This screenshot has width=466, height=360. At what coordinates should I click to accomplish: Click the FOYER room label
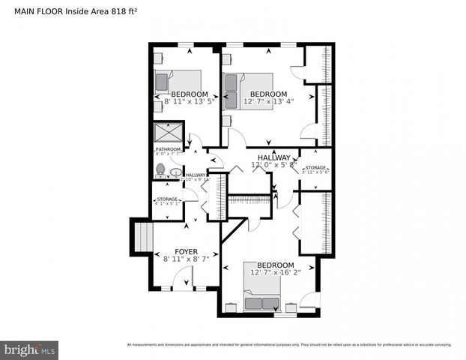coord(186,251)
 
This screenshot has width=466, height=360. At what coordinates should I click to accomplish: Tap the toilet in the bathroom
coord(160,171)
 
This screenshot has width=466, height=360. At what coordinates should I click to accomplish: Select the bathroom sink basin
coord(175,172)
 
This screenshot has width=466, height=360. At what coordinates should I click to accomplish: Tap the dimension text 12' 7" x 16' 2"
coord(275,273)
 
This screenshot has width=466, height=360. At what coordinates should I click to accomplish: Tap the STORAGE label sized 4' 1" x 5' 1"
coord(166,202)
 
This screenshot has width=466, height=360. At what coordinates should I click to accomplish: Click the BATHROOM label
coord(168,149)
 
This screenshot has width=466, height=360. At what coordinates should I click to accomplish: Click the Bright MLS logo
coord(30,349)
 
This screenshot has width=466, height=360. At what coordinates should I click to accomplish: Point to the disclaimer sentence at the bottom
coord(289,345)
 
